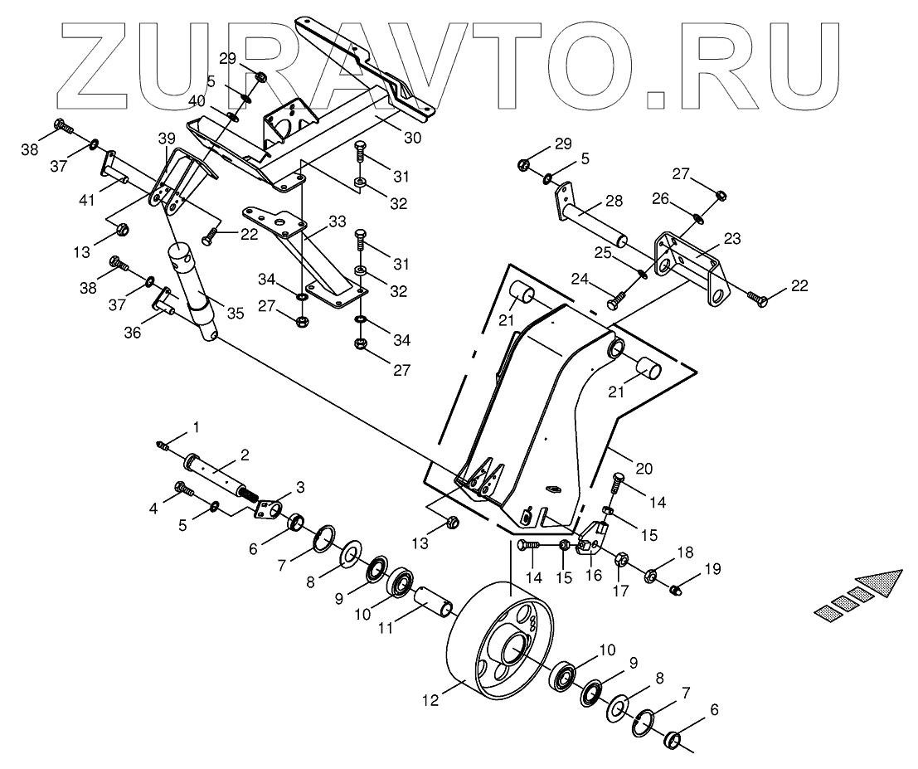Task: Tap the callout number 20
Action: tap(644, 469)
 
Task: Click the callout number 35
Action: tap(236, 313)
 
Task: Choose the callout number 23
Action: tap(732, 237)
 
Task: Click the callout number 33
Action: tap(337, 222)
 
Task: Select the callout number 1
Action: tap(197, 427)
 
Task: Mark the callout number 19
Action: tap(713, 569)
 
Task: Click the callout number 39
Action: tap(168, 137)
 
